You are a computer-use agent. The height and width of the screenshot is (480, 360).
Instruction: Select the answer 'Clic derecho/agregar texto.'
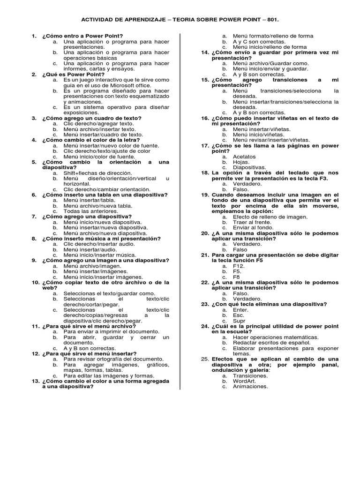98,124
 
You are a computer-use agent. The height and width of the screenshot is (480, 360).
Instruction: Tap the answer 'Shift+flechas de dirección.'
98,173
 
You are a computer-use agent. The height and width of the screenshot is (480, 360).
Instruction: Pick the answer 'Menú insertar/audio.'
90,249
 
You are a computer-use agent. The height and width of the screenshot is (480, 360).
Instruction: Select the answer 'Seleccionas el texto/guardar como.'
109,293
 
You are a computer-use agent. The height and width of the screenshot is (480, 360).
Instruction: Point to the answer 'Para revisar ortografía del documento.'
114,359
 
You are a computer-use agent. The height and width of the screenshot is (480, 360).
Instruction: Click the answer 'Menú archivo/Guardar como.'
265,63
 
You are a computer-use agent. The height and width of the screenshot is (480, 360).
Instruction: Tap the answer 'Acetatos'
245,157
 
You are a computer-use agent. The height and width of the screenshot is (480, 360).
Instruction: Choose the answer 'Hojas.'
241,162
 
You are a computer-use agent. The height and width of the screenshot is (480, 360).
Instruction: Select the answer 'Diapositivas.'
249,167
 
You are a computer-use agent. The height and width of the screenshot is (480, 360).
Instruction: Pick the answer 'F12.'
239,266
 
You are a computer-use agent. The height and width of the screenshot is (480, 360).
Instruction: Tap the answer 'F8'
237,277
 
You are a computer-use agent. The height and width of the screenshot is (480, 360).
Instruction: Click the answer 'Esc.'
239,315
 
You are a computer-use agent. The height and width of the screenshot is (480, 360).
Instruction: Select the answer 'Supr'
239,321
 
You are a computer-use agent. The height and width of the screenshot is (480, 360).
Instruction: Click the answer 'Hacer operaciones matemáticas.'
276,337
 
